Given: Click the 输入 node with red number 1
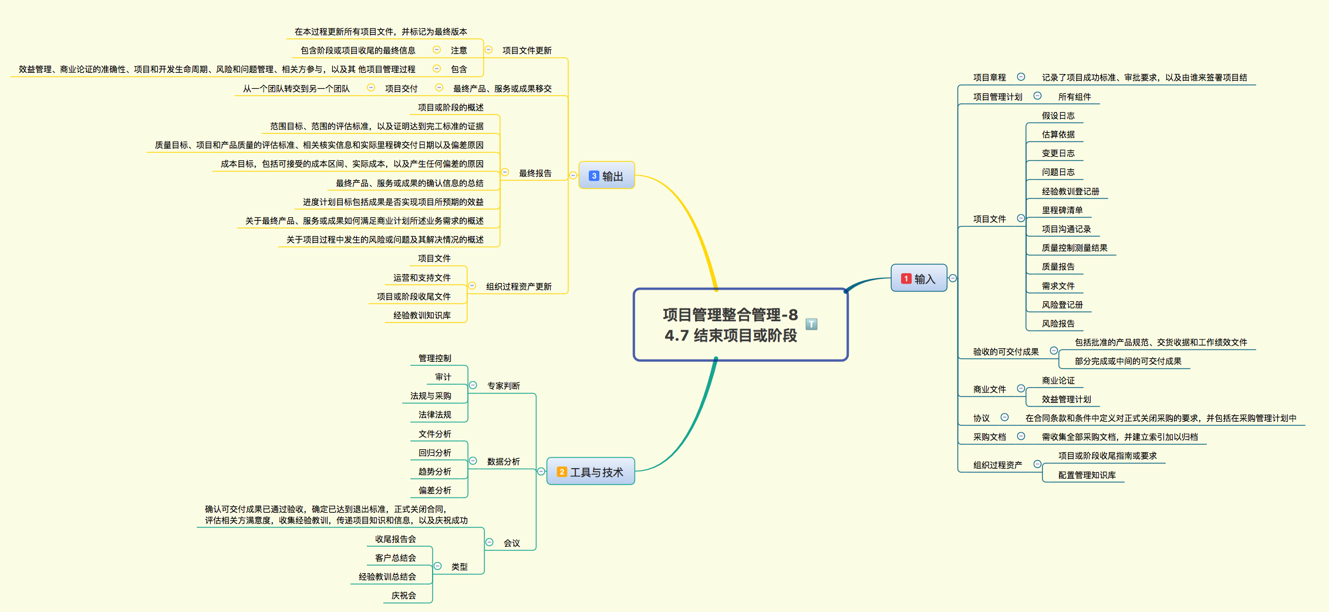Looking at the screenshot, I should tap(919, 278).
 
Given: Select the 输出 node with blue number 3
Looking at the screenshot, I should tap(606, 176).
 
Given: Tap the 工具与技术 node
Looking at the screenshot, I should tap(591, 472).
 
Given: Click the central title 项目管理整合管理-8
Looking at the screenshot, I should tap(730, 315).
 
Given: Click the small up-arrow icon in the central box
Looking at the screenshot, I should tap(811, 324).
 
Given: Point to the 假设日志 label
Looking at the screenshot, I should tap(1058, 116).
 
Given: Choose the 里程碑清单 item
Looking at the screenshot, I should tap(1062, 210).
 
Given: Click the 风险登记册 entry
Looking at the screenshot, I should tap(1062, 305).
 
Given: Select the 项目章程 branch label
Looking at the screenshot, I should tap(989, 78).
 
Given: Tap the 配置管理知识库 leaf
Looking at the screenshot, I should tap(1087, 475).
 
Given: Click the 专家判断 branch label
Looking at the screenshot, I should tap(503, 386).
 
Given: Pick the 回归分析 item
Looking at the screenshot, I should tap(434, 453).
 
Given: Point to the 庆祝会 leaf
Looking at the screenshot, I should tap(403, 596).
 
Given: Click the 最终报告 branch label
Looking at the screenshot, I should tap(535, 173).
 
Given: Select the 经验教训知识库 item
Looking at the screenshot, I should tap(421, 315).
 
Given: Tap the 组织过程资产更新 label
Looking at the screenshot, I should tap(518, 287).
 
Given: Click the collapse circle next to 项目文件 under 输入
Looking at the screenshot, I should tap(1021, 218).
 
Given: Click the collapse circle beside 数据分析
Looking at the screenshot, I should tap(473, 461).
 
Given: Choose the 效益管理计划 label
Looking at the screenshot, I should tap(1066, 399).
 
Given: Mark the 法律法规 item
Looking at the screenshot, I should tap(434, 415).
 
